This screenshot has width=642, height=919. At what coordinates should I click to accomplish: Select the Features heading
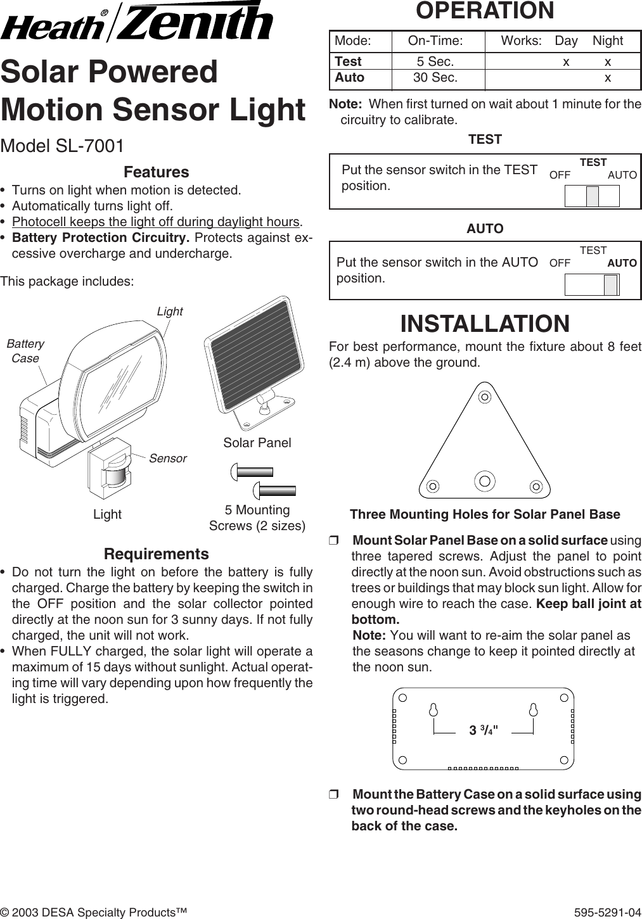156,172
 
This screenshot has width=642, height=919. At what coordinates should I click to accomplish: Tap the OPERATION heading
484,11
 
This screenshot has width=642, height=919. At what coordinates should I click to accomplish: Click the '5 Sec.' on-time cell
435,61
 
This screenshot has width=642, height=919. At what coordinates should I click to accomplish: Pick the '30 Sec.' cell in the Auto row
435,78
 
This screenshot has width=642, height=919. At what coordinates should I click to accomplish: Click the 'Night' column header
607,41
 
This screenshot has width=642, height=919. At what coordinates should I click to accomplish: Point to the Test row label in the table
348,61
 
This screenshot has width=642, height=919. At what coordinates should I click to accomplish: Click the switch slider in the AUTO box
610,285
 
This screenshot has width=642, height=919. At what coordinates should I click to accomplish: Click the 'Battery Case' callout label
25,351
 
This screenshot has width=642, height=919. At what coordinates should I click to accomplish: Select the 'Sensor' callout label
168,458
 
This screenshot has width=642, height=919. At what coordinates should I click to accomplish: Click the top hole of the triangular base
484,397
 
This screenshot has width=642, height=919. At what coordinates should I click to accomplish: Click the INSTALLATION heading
485,323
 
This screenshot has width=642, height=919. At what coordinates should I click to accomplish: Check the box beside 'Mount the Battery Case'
334,795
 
